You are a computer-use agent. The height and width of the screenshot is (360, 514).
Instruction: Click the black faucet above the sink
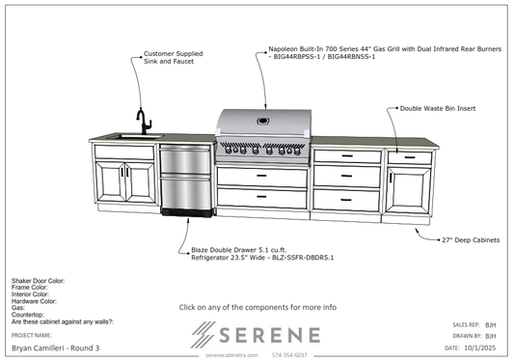point(143,122)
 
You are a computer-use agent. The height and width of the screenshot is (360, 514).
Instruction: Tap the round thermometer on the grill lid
point(262,122)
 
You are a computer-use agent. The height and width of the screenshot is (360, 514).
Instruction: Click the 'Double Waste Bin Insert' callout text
point(437,109)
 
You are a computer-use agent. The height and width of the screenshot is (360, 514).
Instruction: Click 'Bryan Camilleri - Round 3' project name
point(55,346)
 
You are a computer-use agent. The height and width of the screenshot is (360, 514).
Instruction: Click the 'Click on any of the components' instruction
point(257,307)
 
